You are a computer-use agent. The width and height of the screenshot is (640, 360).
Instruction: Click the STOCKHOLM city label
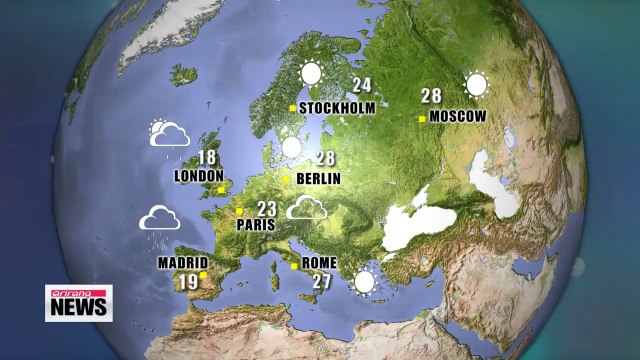click(x=336, y=108)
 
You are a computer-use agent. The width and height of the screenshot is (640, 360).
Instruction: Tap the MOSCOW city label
click(x=459, y=116)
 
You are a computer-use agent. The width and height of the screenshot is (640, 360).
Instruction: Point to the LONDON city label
click(x=198, y=176)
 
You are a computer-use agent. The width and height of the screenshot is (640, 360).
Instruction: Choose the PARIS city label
click(x=255, y=225)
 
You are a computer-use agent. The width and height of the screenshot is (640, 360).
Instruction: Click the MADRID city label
click(x=182, y=264)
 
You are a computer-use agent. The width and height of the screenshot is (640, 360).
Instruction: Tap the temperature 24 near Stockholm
click(x=361, y=86)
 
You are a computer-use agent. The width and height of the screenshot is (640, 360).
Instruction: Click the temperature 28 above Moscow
click(x=431, y=96)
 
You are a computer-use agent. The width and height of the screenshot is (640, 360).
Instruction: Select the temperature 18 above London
click(x=207, y=157)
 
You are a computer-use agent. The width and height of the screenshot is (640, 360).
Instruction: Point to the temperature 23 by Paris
click(x=267, y=208)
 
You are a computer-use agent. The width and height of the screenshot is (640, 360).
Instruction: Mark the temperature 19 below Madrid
click(x=188, y=282)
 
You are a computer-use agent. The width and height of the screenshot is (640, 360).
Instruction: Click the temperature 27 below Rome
click(x=321, y=281)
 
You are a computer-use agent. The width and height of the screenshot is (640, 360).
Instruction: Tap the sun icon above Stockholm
click(x=312, y=73)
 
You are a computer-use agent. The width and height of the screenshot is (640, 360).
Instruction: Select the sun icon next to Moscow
click(x=475, y=84)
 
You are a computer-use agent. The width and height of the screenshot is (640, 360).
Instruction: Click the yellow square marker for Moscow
click(x=423, y=118)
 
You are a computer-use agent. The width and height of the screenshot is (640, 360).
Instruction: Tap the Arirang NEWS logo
click(x=79, y=303)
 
